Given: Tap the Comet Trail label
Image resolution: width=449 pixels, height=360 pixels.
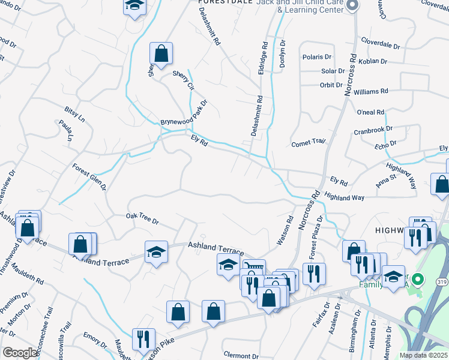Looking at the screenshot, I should (308, 143).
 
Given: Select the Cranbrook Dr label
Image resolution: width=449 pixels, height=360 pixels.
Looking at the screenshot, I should (373, 129).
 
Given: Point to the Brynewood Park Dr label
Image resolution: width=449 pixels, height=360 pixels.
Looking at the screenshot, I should (183, 113).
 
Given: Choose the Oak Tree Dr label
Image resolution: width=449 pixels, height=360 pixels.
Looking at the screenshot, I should (142, 219).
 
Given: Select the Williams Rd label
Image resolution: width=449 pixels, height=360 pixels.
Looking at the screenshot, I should (371, 91).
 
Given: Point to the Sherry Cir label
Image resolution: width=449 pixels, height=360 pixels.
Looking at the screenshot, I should (184, 80).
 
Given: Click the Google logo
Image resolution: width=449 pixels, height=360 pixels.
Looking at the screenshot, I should (20, 353).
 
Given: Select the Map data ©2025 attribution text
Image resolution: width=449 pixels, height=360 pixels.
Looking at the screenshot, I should (423, 355).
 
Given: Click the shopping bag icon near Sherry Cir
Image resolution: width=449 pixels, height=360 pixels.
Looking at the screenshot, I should (161, 54).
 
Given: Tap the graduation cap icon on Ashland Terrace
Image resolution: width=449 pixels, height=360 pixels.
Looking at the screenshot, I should (156, 252).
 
